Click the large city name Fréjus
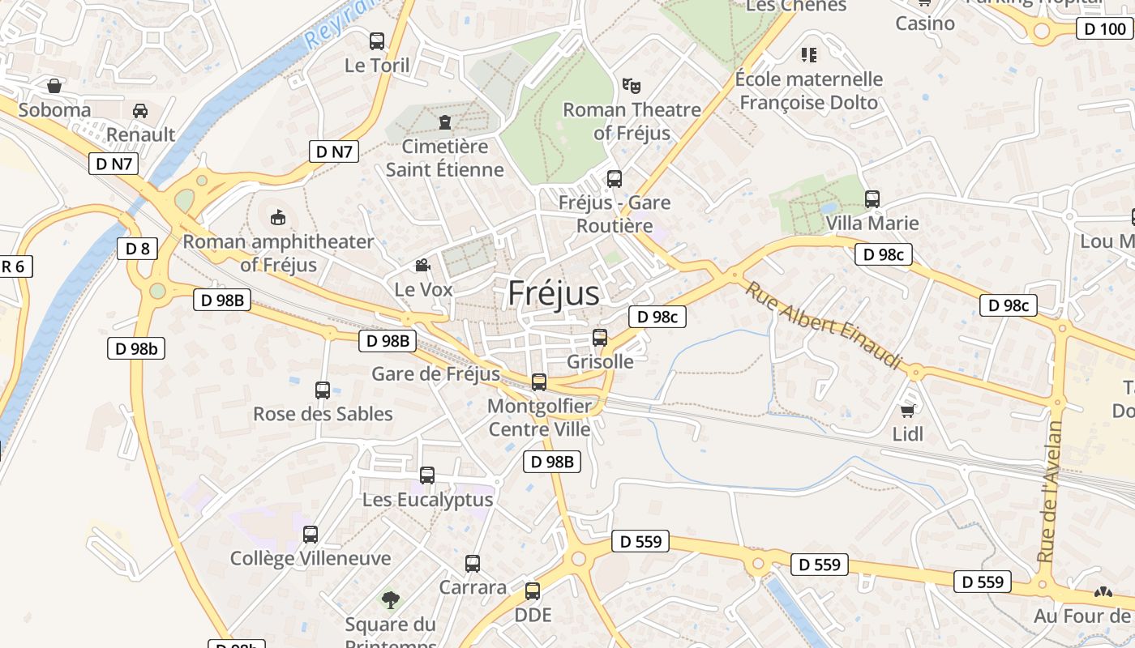pos(554,293)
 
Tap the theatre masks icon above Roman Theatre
pos(631,84)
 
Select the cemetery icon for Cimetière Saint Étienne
pos(444,122)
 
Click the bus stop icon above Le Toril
pos(377,40)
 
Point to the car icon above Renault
pos(140,110)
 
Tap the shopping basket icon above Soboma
pos(54,85)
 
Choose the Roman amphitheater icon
pos(278,217)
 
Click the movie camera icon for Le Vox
pos(422,265)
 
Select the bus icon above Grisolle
pos(600,337)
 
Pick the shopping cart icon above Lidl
pos(908,410)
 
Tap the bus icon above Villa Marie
pos(872,198)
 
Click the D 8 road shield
pos(137,248)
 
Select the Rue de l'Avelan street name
pos(1051,492)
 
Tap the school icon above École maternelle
pos(808,54)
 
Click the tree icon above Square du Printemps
pos(391,599)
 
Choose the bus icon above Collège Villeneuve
pos(311,534)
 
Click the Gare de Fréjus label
pos(435,373)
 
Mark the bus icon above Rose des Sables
pos(323,390)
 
